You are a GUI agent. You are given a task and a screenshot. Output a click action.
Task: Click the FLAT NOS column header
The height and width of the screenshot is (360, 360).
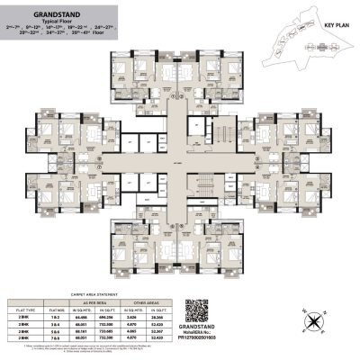click(x=65, y=306)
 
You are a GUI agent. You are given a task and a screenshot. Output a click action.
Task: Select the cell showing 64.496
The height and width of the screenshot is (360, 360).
click(x=91, y=316)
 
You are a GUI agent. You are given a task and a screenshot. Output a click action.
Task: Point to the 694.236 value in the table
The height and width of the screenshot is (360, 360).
click(x=123, y=316)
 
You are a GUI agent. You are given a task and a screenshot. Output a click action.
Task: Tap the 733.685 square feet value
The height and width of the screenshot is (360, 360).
click(x=123, y=330)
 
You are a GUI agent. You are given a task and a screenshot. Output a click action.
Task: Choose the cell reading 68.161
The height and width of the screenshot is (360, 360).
click(x=91, y=330)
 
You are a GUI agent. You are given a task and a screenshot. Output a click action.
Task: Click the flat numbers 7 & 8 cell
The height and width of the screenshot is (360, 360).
click(x=65, y=337)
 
